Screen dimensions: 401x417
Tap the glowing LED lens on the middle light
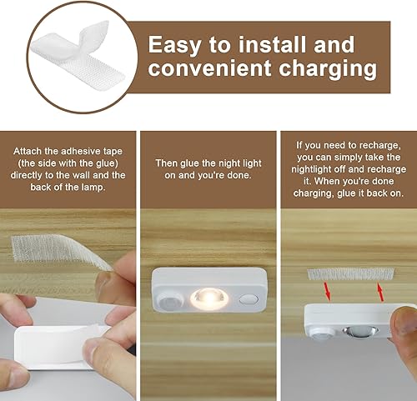pos(206,297)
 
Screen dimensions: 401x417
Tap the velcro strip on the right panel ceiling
pos(351,273)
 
